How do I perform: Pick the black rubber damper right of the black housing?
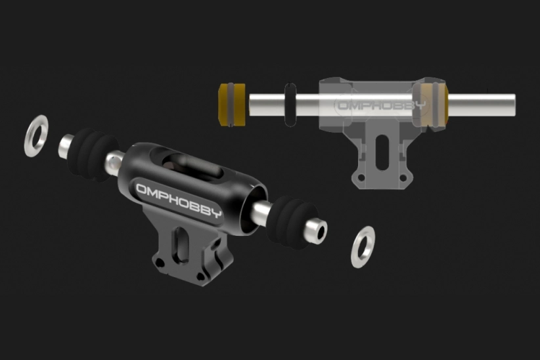pos(292,222)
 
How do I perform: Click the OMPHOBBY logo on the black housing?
pos(179,201)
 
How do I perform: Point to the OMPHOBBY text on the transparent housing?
pos(381,104)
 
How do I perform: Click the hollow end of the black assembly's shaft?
pos(321,232)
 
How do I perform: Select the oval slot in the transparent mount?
pos(382,152)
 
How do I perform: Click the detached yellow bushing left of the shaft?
pos(232,104)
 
